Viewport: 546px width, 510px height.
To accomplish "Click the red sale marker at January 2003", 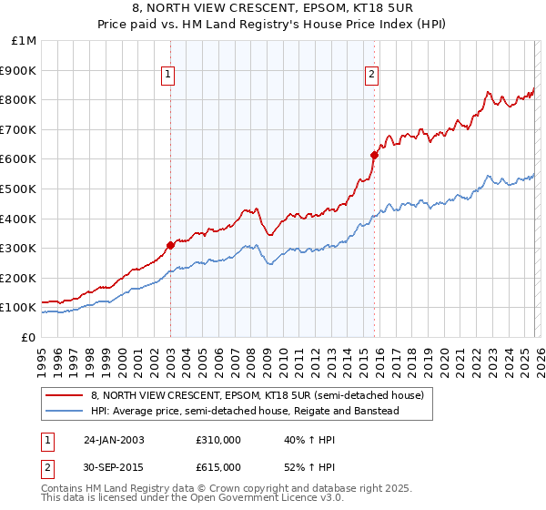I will click(x=170, y=245).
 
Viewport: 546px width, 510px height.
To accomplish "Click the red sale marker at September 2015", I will click(x=374, y=155).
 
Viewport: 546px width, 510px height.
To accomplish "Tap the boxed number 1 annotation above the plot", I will click(x=170, y=76).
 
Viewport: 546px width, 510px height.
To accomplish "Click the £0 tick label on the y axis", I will click(x=28, y=337).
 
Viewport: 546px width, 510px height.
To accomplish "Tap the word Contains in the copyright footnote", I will click(x=64, y=489).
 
